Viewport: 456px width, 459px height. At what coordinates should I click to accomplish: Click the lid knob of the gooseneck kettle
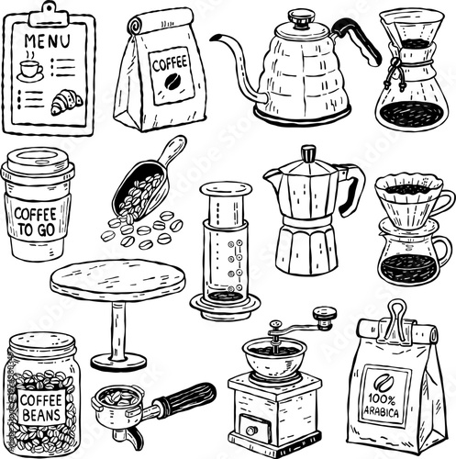pos(301,17)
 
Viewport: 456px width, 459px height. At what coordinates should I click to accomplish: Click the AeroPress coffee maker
pos(222,248)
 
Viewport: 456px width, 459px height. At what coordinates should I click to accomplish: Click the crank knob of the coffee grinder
pos(322,319)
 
